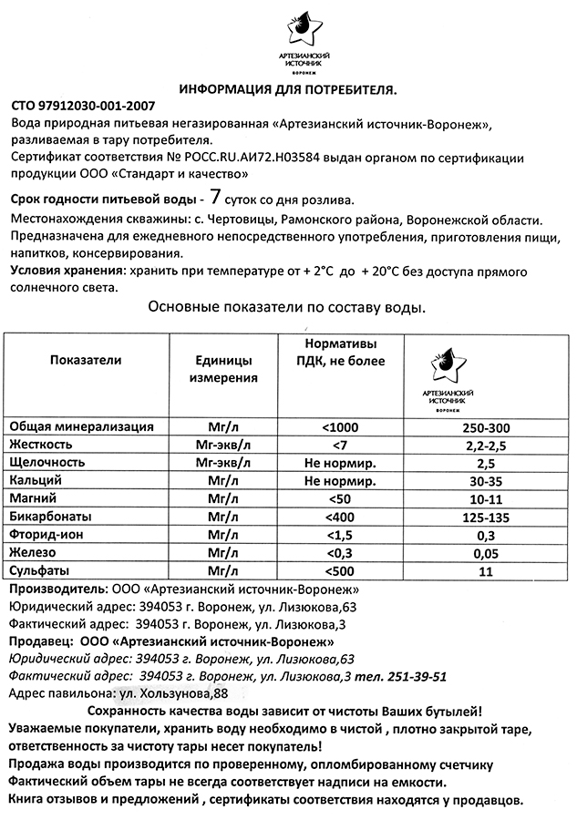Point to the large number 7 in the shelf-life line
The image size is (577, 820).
pos(215,196)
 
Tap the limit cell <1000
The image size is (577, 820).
pos(341,427)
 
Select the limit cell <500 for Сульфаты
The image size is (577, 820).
pos(340,571)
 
